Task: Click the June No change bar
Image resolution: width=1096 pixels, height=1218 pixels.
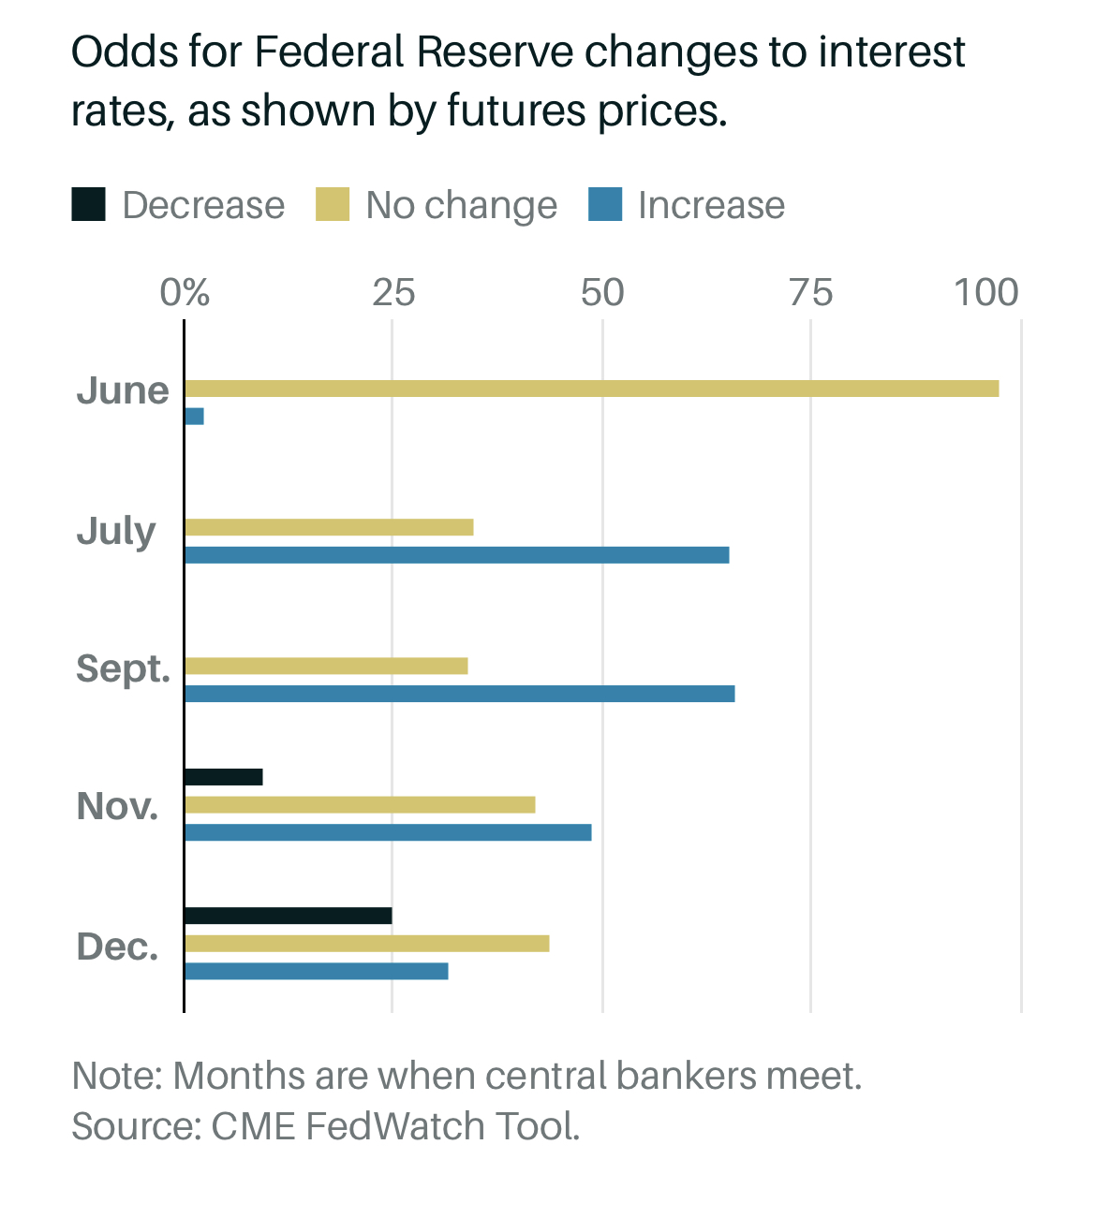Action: [x=591, y=389]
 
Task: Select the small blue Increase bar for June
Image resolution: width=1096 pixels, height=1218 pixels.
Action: [x=194, y=417]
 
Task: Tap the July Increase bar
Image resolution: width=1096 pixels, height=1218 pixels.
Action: [x=456, y=555]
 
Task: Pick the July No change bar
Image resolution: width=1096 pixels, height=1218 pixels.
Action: [x=329, y=527]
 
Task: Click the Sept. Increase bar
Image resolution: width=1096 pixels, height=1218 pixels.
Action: [x=459, y=694]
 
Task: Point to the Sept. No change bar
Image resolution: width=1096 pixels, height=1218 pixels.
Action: [x=326, y=666]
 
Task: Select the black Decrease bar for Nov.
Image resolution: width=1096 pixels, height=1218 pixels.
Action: [x=223, y=777]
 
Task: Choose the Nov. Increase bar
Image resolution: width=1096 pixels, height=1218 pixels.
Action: [x=388, y=832]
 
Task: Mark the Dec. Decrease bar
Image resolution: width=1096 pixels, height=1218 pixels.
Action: [x=288, y=916]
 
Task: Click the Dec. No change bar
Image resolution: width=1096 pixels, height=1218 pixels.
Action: [x=366, y=944]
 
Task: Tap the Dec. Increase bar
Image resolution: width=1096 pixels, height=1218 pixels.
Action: [x=316, y=971]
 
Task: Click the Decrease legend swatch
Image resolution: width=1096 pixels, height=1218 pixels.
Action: [x=88, y=205]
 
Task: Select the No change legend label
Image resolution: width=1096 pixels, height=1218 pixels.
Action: [x=461, y=205]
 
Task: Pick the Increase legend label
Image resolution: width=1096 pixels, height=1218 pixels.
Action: [x=711, y=205]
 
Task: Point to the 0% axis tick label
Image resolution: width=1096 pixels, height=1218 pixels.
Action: [x=185, y=293]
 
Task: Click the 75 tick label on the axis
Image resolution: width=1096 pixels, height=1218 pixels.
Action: [x=810, y=293]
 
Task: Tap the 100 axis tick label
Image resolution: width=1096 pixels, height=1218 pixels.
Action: [x=986, y=293]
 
